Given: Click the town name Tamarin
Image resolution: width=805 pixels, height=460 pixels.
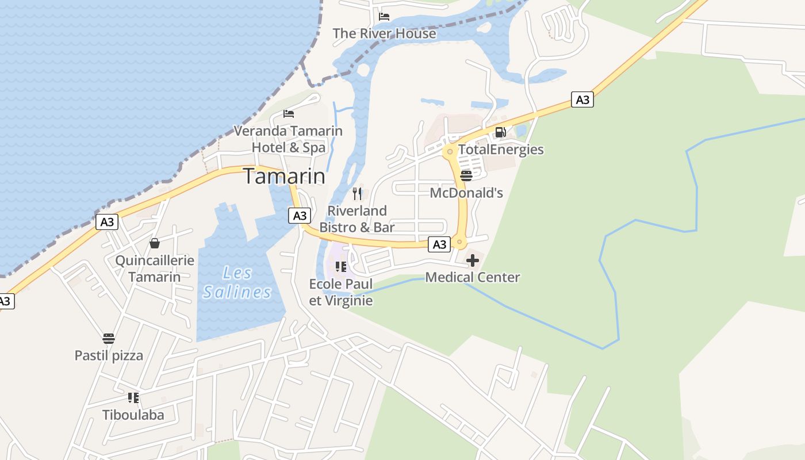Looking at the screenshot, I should pyautogui.click(x=284, y=176).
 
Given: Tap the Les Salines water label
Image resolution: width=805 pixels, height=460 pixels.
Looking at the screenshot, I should pyautogui.click(x=237, y=282).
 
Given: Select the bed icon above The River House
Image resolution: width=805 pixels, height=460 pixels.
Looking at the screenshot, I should pyautogui.click(x=384, y=16).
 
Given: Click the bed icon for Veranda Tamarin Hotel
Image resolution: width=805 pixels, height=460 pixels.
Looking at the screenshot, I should pyautogui.click(x=289, y=114).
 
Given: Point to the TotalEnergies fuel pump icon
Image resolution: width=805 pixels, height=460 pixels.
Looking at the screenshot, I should pyautogui.click(x=500, y=132).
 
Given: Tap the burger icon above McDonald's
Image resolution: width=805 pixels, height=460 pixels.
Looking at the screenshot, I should pyautogui.click(x=466, y=175).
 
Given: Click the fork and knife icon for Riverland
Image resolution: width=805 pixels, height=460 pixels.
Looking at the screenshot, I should pyautogui.click(x=357, y=193).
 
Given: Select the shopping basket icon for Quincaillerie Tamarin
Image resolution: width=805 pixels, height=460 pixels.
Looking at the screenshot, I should pyautogui.click(x=155, y=243).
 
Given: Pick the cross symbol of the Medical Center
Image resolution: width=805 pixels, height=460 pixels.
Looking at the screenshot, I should pyautogui.click(x=473, y=260).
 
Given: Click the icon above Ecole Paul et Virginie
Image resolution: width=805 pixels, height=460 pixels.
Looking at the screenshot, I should pyautogui.click(x=341, y=267).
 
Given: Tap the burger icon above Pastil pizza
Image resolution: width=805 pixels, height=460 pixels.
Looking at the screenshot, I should pyautogui.click(x=109, y=338).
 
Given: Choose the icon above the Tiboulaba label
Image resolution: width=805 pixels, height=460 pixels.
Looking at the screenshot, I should pyautogui.click(x=133, y=397).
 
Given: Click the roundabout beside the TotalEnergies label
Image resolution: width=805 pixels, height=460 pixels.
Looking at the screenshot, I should pyautogui.click(x=450, y=152).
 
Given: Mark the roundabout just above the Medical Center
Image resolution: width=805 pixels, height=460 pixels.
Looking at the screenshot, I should pyautogui.click(x=459, y=242).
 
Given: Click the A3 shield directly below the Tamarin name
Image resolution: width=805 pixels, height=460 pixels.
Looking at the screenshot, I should pyautogui.click(x=300, y=216).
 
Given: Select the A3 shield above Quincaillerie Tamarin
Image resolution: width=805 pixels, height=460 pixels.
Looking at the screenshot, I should pyautogui.click(x=106, y=222).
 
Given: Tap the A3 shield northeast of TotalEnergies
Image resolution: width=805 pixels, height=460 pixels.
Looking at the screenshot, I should pyautogui.click(x=582, y=99).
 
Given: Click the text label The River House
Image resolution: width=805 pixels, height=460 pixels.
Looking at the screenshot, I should pyautogui.click(x=384, y=33).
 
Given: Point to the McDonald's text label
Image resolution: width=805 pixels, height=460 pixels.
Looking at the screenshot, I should pyautogui.click(x=466, y=193).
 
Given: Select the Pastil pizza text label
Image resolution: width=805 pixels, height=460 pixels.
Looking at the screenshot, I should pyautogui.click(x=109, y=355).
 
